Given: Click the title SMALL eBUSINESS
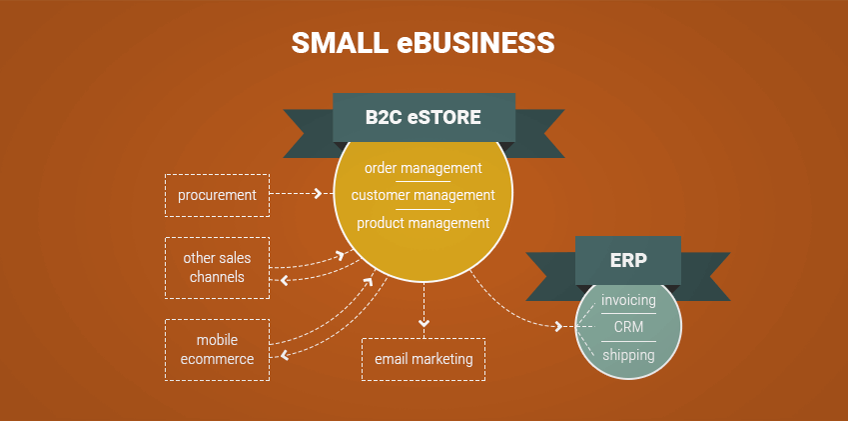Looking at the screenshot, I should click(x=423, y=43).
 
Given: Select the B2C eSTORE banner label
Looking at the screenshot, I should click(x=424, y=117).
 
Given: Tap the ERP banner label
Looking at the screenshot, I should click(x=628, y=261).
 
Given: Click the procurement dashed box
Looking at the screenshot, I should click(x=217, y=195).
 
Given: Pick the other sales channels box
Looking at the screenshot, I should click(x=217, y=267).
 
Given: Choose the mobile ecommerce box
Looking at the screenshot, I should click(x=217, y=349).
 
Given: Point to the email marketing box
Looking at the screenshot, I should click(x=424, y=359).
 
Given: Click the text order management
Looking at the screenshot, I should click(x=424, y=168).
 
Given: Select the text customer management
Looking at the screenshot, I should click(x=424, y=195).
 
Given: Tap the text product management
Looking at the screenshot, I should click(x=424, y=223).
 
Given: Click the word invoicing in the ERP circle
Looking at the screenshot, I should click(x=628, y=300).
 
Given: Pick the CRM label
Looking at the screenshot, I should click(x=628, y=327).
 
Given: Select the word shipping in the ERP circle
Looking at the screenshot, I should click(x=628, y=354).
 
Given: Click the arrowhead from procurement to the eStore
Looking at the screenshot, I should click(x=318, y=194).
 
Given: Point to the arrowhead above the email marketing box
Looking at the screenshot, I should click(x=424, y=323).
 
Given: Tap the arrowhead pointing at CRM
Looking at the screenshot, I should click(x=557, y=327).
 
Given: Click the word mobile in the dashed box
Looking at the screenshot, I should click(x=217, y=340).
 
